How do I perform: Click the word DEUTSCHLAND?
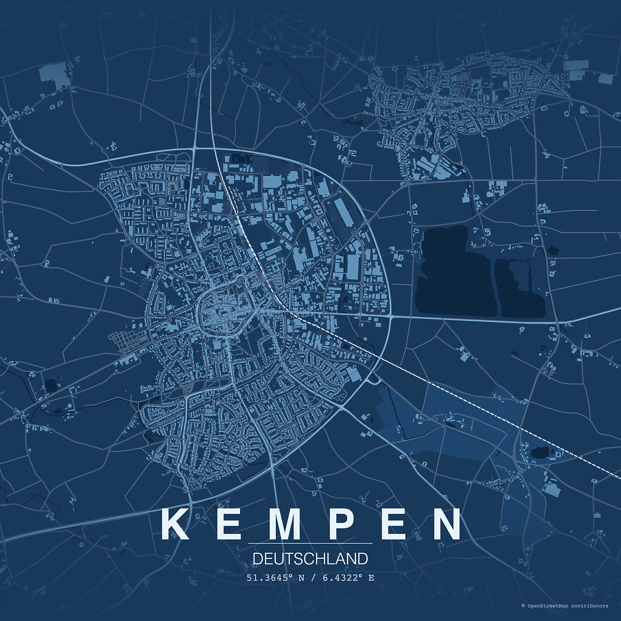point(310,559)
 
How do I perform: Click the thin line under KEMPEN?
point(310,543)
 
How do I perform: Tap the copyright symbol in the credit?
point(523,605)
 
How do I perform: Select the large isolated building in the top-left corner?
point(54,75)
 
